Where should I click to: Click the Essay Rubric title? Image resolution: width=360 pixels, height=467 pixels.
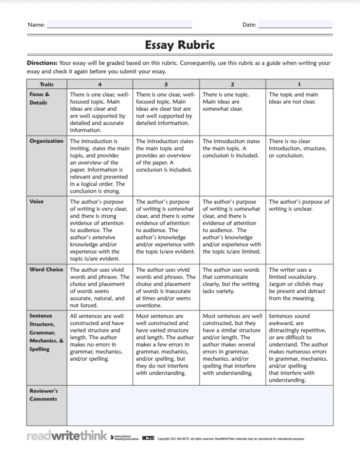point(180,45)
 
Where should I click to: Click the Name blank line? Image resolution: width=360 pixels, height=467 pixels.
point(119,25)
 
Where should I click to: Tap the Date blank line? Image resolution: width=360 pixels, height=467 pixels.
point(295,25)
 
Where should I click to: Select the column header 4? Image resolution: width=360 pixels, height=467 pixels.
point(99,84)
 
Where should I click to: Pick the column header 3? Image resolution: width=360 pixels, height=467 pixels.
point(166,84)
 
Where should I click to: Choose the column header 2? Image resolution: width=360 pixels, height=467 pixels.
point(232,84)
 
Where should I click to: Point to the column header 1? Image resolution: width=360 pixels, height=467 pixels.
point(299,84)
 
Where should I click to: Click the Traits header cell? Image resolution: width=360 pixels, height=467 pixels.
point(46,84)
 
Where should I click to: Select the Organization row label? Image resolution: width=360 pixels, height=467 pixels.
point(46,141)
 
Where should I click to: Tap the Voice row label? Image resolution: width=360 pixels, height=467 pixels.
point(37,202)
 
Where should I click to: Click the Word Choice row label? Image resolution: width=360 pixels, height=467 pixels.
point(46,270)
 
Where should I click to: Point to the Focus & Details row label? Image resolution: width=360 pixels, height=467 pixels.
point(40,99)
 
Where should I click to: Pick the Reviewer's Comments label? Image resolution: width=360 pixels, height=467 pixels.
point(43,395)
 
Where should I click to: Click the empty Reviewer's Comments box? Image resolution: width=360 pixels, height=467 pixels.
point(200,405)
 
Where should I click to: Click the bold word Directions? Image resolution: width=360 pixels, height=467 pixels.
point(42,63)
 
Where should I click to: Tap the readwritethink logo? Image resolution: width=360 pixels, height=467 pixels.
point(67,436)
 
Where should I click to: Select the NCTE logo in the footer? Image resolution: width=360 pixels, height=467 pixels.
point(148,438)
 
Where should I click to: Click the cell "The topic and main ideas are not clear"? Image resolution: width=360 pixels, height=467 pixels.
point(293,99)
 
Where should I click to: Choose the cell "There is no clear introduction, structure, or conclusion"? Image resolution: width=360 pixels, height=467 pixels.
point(297,149)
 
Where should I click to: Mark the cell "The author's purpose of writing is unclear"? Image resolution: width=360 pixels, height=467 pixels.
point(299,205)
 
